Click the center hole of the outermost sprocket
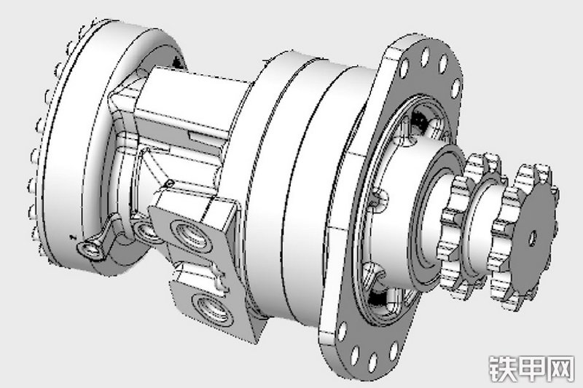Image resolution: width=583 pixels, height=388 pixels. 533,237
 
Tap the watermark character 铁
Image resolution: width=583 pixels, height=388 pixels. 502,368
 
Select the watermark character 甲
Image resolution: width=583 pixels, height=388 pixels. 532,368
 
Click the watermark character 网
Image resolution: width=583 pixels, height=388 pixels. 560,368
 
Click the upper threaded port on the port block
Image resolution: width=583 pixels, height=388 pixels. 190,234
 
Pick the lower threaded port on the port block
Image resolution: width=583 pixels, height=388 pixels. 211,309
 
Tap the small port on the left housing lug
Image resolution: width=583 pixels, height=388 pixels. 90,249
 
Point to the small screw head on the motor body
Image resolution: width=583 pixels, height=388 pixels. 170,183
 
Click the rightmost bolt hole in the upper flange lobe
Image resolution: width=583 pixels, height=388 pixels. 455,89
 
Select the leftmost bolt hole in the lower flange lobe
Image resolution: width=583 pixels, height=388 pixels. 341,332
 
